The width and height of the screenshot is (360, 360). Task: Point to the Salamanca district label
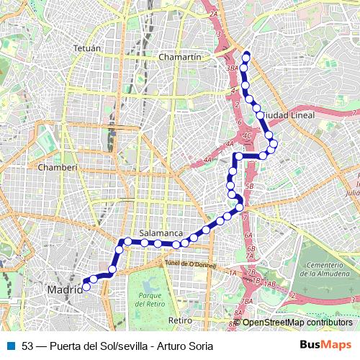point(159,233)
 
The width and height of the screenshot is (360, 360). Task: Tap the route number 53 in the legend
point(28,346)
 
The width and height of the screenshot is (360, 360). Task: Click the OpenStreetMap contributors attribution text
point(297,323)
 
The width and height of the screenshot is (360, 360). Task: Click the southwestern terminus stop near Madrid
point(86,286)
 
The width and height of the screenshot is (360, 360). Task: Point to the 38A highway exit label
point(232,68)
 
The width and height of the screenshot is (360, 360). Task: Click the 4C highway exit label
point(247,135)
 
